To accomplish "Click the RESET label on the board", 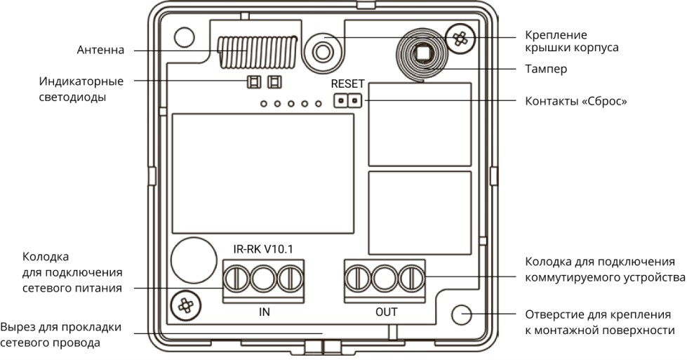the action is (x=347, y=84).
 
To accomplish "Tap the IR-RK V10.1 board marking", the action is (x=263, y=249).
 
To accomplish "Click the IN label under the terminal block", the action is (x=264, y=312).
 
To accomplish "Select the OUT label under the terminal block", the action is (x=387, y=312).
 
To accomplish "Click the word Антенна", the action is (x=101, y=50).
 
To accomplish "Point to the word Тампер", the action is (x=546, y=69).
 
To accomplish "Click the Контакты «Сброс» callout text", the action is (x=576, y=101).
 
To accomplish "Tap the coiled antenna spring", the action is (x=258, y=52).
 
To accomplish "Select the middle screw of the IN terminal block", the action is (x=263, y=279).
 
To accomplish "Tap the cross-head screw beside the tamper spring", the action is (x=459, y=39).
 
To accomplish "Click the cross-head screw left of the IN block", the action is (x=186, y=305).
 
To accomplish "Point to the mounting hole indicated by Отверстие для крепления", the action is (x=461, y=314).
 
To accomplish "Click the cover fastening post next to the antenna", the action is (x=323, y=52).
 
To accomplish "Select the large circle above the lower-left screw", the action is (x=194, y=260).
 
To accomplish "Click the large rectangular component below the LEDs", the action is (x=263, y=173).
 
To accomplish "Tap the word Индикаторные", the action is (x=81, y=82).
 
